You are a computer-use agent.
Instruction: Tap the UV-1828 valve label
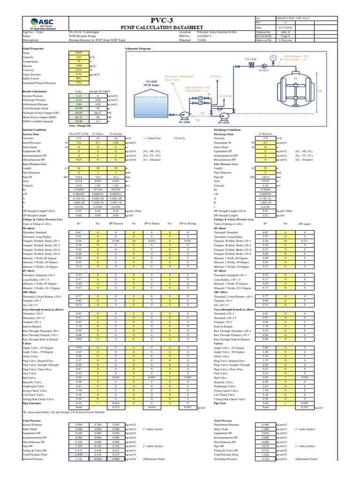250,60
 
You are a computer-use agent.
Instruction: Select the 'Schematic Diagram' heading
138,49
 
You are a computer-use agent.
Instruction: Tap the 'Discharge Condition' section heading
227,130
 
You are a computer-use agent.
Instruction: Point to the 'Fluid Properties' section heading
33,49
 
